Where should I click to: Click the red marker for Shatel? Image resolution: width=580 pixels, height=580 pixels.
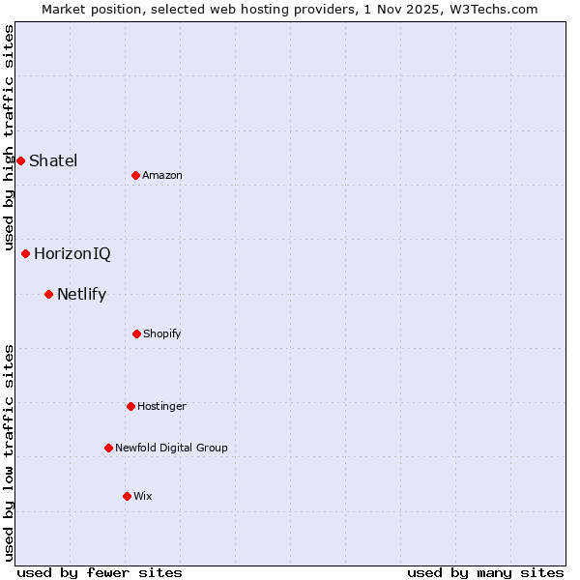pos(20,160)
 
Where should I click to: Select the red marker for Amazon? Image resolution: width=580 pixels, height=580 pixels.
pos(135,175)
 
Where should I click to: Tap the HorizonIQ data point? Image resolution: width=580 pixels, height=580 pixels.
pos(25,253)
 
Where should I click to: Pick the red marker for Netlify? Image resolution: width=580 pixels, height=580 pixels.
pos(48,294)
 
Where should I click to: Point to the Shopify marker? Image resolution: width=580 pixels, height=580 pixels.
pos(136,333)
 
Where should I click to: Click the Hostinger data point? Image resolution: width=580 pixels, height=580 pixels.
pos(130,406)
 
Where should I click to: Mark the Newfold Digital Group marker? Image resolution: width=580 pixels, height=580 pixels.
pos(108,448)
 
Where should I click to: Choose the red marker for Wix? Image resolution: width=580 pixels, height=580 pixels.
pos(127,496)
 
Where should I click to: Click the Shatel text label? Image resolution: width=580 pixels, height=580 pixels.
pos(53,160)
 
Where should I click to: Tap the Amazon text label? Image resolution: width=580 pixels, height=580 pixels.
pos(162,175)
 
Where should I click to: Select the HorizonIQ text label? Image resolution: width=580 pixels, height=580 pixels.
pos(72,253)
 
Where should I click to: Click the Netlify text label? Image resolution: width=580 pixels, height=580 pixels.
pos(81,294)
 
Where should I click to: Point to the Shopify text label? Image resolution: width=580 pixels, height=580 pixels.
pos(162,333)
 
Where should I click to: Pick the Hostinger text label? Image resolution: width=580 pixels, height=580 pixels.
pos(161,406)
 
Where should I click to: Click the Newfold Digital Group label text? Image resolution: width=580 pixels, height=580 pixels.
pos(171,448)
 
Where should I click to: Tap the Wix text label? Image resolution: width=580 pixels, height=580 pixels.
pos(143,496)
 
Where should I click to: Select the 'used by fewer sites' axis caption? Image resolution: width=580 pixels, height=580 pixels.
pos(100,572)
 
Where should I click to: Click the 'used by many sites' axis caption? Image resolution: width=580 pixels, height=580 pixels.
pos(485,572)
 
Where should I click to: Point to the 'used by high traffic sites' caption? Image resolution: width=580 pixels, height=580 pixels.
pos(10,137)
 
